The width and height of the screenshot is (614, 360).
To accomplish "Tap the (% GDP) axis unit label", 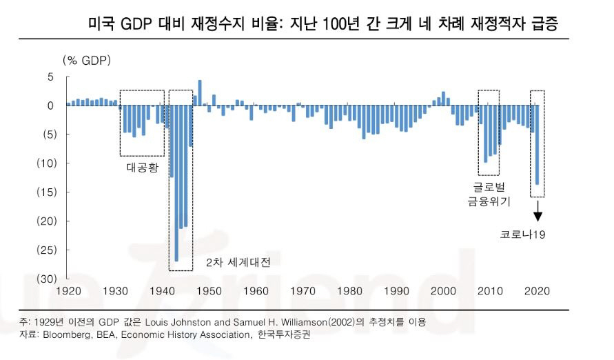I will pyautogui.click(x=87, y=60).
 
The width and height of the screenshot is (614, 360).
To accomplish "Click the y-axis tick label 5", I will pyautogui.click(x=50, y=77).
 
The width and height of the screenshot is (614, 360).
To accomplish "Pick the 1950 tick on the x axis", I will pyautogui.click(x=208, y=291).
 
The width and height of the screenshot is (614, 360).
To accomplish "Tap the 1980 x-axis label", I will pyautogui.click(x=349, y=291).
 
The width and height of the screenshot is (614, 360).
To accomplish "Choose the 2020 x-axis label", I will pyautogui.click(x=537, y=291).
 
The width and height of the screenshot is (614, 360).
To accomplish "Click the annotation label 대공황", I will pyautogui.click(x=142, y=168).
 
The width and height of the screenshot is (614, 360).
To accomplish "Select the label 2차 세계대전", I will pyautogui.click(x=238, y=263).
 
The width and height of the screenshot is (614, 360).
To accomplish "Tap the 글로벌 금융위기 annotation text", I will pyautogui.click(x=489, y=194).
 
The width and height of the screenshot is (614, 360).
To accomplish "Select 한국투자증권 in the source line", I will pyautogui.click(x=285, y=336).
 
